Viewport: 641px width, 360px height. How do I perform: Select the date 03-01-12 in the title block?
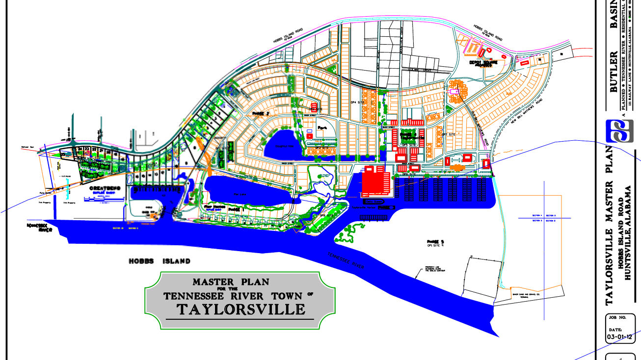pyautogui.click(x=620, y=337)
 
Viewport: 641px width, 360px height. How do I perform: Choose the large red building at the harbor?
pyautogui.click(x=375, y=180)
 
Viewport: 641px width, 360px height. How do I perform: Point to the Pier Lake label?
pyautogui.click(x=239, y=195)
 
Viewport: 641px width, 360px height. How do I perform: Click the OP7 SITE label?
pyautogui.click(x=449, y=134)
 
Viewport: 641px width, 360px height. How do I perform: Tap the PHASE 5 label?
pyautogui.click(x=435, y=242)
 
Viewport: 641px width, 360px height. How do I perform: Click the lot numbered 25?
pyautogui.click(x=63, y=154)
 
